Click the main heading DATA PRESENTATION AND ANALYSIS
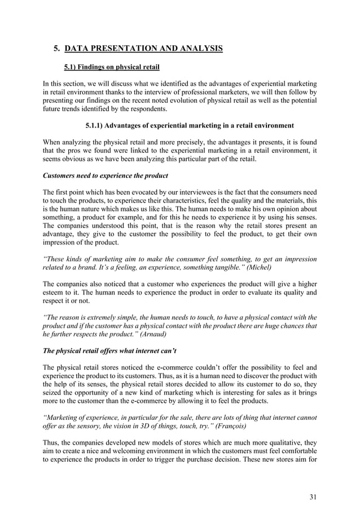pyautogui.click(x=144, y=49)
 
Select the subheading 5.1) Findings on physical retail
pyautogui.click(x=112, y=68)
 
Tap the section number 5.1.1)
pyautogui.click(x=97, y=125)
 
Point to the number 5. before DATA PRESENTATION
pyautogui.click(x=57, y=49)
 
